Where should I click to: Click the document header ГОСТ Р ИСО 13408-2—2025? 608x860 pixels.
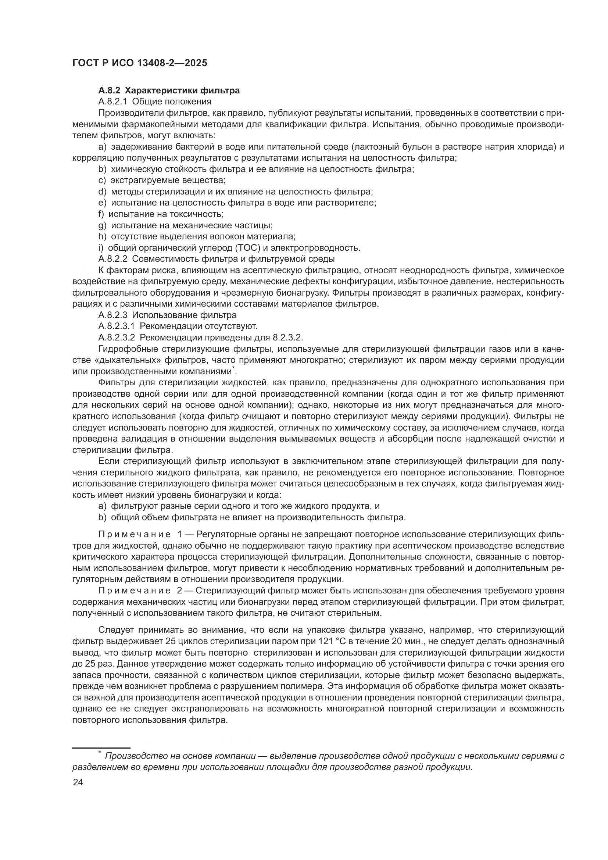pos(140,63)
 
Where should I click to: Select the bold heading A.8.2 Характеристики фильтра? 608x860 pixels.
pos(169,90)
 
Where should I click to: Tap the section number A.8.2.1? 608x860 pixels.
pos(113,101)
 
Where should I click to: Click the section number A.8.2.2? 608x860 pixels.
pos(113,259)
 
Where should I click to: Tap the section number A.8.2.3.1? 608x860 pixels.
pos(117,326)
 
